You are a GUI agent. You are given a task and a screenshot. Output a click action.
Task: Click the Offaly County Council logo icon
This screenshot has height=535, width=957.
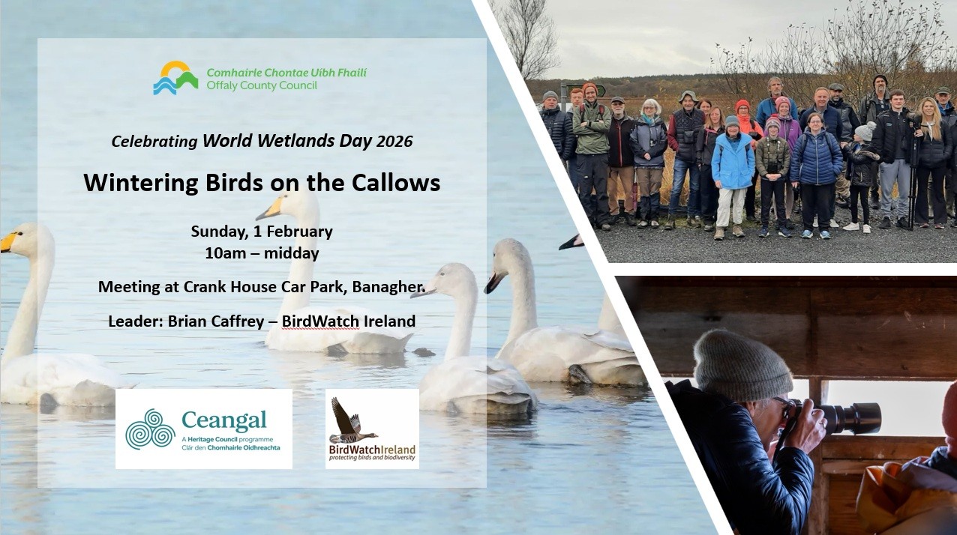pos(175,78)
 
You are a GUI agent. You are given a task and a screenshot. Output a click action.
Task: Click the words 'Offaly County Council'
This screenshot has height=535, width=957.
pos(262,86)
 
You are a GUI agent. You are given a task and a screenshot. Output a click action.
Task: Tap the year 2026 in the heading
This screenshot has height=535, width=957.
pos(394,142)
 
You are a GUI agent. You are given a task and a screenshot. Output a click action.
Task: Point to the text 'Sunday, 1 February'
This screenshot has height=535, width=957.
pos(262,232)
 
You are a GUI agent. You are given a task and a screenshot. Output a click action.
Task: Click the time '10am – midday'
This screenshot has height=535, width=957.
pos(262,253)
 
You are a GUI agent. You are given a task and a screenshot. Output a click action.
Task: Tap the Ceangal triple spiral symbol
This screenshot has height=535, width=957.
pos(150,429)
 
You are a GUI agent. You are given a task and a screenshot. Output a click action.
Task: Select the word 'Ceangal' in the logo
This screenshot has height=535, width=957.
pos(224,421)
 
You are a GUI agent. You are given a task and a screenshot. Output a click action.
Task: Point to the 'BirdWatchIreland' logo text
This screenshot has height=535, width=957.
pos(372,450)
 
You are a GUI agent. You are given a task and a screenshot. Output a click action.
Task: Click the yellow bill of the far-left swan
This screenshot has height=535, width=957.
pos(7,243)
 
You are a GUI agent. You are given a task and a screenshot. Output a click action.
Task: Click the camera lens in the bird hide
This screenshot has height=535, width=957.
pos(850,417)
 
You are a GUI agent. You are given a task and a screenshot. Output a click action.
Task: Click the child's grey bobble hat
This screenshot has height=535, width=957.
pos(865,130)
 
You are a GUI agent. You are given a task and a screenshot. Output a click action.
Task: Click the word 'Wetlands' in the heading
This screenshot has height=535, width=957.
pos(296,141)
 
